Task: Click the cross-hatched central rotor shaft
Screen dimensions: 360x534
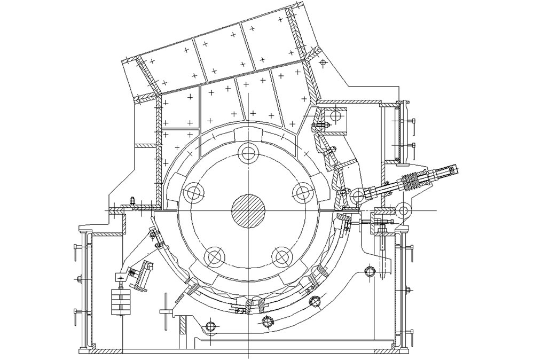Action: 248,210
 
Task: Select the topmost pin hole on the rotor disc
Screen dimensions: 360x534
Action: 248,153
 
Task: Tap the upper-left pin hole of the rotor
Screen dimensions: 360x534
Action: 193,192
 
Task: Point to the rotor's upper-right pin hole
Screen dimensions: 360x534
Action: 302,192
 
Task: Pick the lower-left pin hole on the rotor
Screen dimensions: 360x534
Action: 215,257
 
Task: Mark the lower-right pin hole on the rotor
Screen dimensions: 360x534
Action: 281,257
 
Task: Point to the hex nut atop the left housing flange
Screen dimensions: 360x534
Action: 132,201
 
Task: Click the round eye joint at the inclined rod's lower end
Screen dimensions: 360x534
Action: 356,197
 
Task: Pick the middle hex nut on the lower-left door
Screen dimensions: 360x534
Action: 78,279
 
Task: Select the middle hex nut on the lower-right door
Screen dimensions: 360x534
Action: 408,291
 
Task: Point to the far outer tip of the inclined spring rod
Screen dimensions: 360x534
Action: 457,170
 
